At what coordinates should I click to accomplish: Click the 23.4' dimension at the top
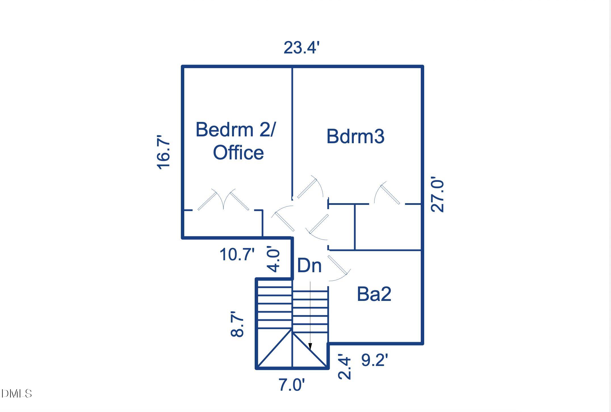(x=302, y=47)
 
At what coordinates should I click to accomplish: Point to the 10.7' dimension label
(x=237, y=254)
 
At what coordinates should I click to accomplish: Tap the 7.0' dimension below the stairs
(x=292, y=385)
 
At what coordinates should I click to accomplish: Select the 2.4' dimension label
(x=344, y=367)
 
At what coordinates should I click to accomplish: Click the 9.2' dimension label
(x=374, y=360)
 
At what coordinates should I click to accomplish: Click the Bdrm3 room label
(x=355, y=136)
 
